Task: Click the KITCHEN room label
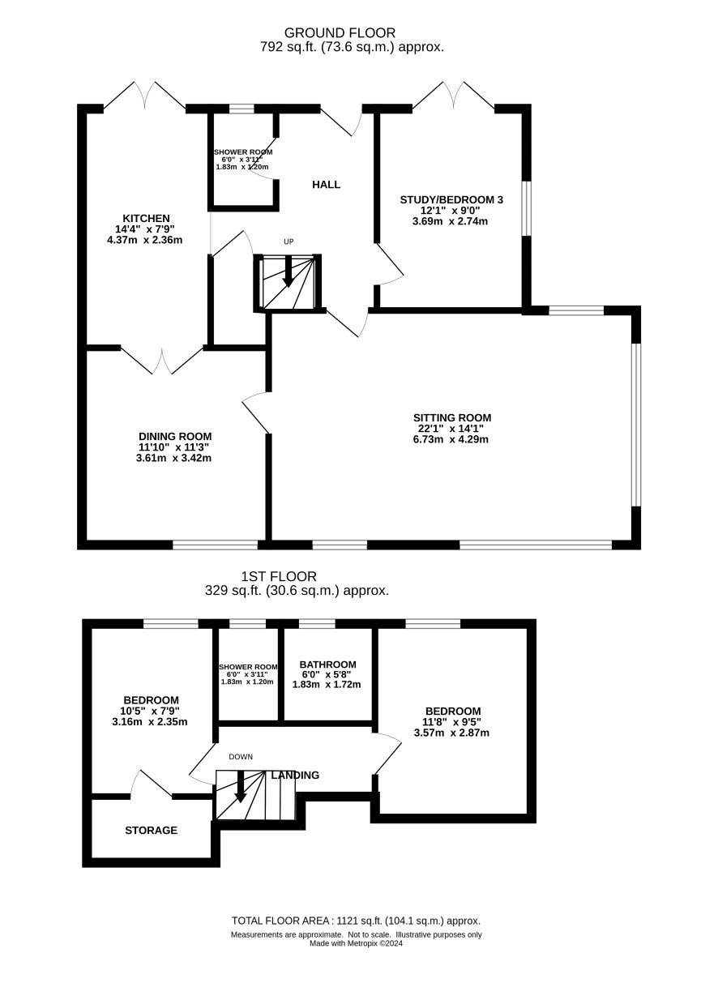click(x=146, y=218)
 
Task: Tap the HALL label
click(x=326, y=184)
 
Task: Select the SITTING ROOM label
click(x=452, y=417)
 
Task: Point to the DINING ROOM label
click(x=175, y=436)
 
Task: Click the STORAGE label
click(x=151, y=830)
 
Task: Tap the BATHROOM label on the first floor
click(x=328, y=665)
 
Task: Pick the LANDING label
click(x=295, y=775)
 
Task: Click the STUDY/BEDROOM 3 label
click(x=451, y=199)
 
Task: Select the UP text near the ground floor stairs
click(x=288, y=241)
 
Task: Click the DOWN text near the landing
click(x=241, y=757)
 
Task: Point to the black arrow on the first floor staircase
click(x=240, y=786)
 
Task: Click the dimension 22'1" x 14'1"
click(x=451, y=429)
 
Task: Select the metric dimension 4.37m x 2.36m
click(x=145, y=240)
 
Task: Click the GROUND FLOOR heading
click(x=340, y=33)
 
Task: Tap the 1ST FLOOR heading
click(x=279, y=576)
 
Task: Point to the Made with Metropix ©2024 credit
click(x=356, y=943)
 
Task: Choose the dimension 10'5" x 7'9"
click(x=150, y=711)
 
